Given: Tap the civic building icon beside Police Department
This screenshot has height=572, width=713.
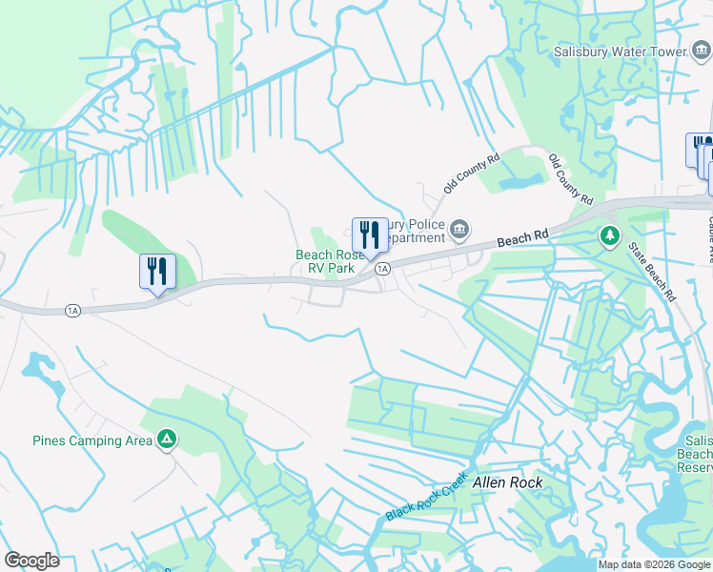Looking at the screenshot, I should [459, 229].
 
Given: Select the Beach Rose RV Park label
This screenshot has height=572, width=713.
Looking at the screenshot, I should [325, 261].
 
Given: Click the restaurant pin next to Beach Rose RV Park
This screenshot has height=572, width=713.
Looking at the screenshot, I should [370, 236].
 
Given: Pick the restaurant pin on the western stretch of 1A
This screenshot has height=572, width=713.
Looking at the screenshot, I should [157, 272].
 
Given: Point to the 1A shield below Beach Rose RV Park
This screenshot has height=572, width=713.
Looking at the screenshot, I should [382, 270].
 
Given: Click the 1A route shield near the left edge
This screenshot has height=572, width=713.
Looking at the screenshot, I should [72, 310].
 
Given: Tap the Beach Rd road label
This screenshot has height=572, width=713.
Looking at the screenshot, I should [523, 238].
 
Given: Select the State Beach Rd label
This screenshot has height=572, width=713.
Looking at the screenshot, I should [653, 272].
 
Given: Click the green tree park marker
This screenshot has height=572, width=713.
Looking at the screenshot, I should [608, 235].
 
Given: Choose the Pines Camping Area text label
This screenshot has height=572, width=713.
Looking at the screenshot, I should [92, 440].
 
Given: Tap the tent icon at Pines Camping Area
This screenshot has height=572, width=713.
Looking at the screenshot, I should [167, 439].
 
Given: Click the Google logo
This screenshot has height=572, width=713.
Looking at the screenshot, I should [31, 561].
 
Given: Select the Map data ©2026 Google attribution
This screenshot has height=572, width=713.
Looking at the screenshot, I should [654, 565].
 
